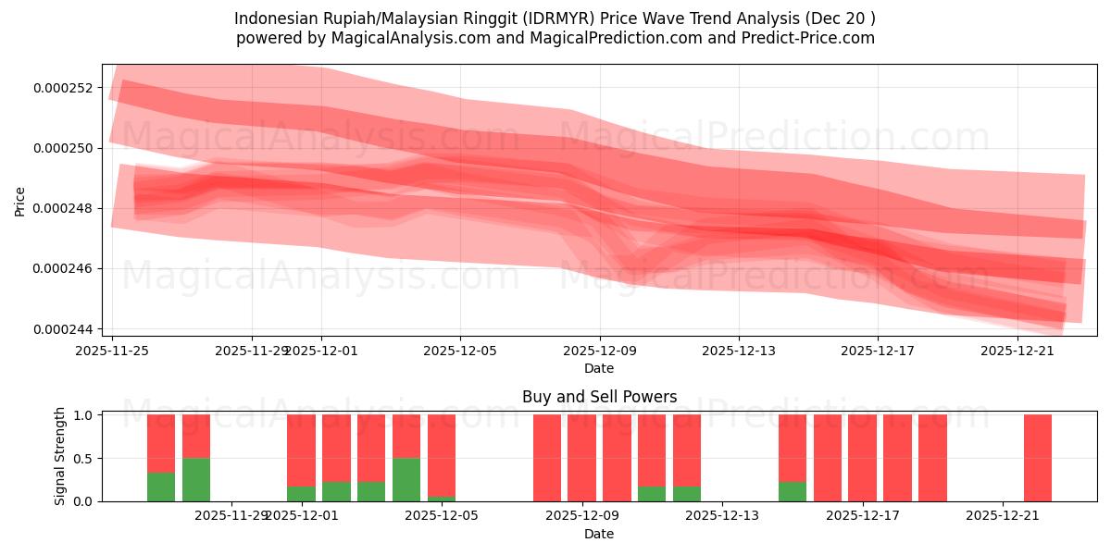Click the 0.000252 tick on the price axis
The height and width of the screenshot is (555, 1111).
[x=62, y=88]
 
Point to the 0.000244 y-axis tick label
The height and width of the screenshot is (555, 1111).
[x=62, y=329]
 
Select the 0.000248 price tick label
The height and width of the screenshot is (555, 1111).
[x=62, y=208]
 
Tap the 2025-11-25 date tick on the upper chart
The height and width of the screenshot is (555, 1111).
[x=112, y=351]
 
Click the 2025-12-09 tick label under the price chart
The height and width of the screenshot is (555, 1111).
[x=600, y=351]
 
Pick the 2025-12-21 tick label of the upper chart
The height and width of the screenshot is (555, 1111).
[x=1017, y=351]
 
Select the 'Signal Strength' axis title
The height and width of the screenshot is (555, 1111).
[x=60, y=457]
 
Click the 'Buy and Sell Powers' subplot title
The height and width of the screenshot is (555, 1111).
[x=599, y=397]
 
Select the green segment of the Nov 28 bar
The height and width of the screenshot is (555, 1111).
[x=196, y=479]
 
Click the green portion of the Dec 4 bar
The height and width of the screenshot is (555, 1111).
[x=406, y=479]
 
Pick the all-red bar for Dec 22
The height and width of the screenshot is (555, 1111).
[x=1038, y=458]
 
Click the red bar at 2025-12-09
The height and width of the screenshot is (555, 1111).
[x=581, y=458]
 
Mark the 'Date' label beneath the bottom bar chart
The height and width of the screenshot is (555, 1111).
[x=599, y=534]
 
